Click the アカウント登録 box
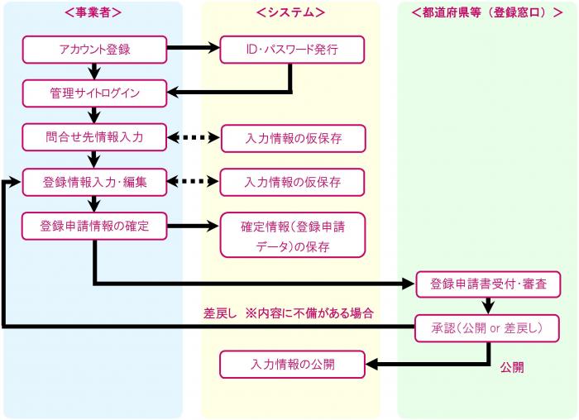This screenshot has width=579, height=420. [94, 50]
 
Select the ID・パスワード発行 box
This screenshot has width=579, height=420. [292, 50]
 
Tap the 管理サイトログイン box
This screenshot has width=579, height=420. [94, 93]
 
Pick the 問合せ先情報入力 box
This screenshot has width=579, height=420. [94, 137]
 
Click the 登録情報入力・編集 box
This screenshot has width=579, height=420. [94, 182]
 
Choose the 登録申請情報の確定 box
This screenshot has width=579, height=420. [94, 226]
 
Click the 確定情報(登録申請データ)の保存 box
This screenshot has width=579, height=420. [292, 236]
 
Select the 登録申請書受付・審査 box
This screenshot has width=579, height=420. [488, 284]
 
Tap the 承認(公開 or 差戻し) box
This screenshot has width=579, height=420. [488, 328]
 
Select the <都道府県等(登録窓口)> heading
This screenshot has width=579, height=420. [487, 12]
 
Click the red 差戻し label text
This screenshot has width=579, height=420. [220, 313]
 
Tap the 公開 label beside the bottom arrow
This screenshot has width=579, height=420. [511, 365]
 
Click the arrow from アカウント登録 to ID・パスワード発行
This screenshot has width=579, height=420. [194, 50]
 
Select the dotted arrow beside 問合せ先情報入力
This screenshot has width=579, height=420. [194, 137]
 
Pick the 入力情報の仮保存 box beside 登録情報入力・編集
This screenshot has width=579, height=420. [292, 182]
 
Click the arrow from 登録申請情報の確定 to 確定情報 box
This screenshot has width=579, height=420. [194, 226]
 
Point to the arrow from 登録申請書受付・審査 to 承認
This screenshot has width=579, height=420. [488, 306]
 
